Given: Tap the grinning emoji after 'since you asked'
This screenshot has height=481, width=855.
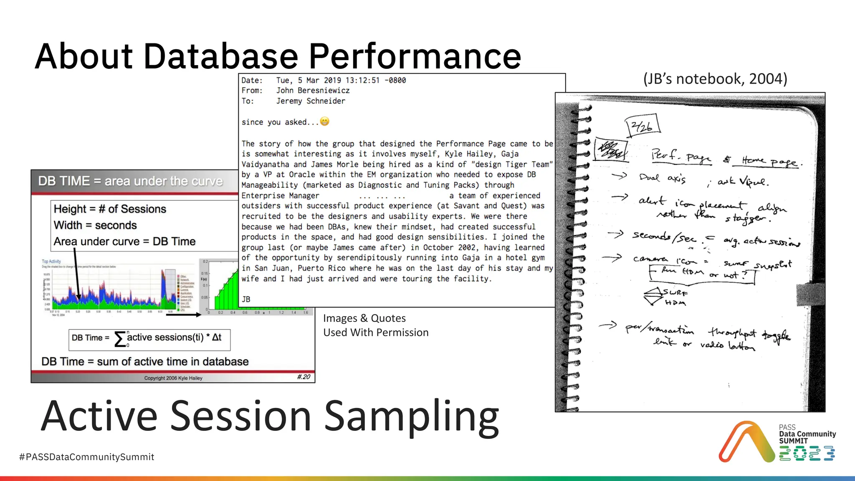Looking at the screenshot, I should (x=324, y=122).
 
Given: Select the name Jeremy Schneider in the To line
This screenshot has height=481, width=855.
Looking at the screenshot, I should (x=311, y=101).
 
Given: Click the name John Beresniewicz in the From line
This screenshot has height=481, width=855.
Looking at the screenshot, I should (x=313, y=91).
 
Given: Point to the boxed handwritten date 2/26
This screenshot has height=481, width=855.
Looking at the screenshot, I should (x=643, y=126).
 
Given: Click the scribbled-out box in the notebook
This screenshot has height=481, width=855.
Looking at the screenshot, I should (x=611, y=149).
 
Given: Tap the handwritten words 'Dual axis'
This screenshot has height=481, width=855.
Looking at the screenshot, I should (x=662, y=178).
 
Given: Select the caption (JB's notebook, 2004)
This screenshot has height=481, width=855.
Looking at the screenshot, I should (x=715, y=78).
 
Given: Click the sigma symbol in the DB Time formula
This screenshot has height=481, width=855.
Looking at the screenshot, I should (x=120, y=339).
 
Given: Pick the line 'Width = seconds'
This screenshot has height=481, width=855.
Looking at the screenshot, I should (x=95, y=225).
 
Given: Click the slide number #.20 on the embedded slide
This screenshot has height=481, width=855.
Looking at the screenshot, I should (x=304, y=377).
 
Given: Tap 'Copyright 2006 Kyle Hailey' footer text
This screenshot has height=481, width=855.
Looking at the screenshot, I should (x=173, y=378).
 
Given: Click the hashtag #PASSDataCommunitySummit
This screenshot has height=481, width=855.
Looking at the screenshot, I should (x=86, y=457).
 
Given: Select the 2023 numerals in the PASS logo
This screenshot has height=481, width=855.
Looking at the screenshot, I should (x=807, y=453).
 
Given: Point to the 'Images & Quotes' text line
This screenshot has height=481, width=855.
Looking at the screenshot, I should (x=364, y=318).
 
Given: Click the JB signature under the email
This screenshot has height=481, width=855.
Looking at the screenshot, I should (x=246, y=299).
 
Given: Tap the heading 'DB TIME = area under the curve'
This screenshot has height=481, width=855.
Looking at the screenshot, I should (x=130, y=181).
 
